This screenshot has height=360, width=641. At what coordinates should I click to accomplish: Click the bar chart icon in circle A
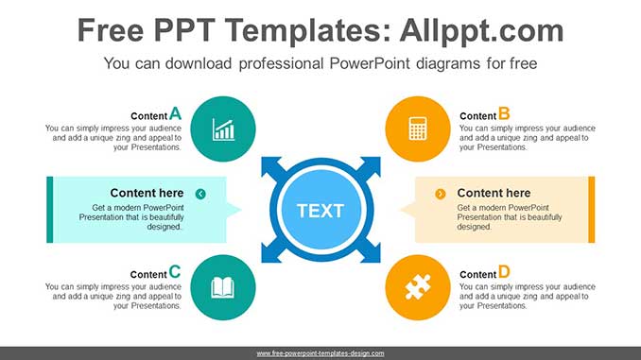[223, 129]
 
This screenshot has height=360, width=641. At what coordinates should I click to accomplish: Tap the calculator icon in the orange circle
[418, 129]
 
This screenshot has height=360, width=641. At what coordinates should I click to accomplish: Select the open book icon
[223, 286]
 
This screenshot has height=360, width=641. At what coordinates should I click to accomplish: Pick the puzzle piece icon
[418, 286]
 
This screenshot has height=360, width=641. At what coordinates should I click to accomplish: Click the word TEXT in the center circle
[320, 210]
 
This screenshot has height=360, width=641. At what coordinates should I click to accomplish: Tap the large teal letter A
[175, 113]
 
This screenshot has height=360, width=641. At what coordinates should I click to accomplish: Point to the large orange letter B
[504, 113]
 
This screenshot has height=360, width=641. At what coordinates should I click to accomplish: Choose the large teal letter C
[175, 271]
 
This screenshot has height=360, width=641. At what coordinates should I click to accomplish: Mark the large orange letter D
[504, 271]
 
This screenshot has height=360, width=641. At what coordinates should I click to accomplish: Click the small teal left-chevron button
[200, 194]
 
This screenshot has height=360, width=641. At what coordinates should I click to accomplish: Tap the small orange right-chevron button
[441, 194]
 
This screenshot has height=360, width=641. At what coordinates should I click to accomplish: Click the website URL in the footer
[320, 353]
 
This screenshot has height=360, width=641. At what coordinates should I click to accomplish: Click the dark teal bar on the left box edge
[49, 209]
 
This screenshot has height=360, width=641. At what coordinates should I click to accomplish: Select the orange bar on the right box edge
[592, 209]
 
